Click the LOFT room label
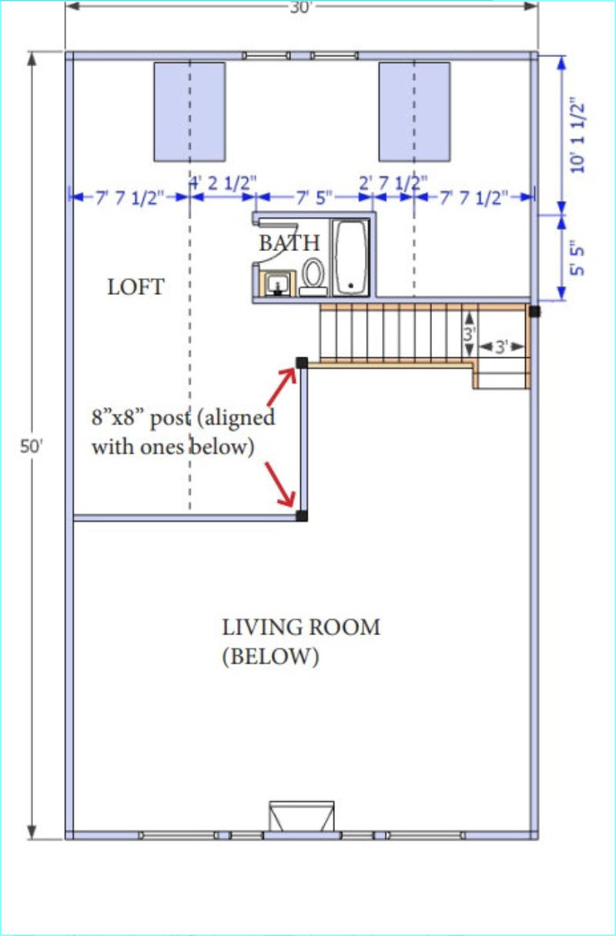pos(136,286)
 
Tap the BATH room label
pos(290,242)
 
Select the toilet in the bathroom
pos(313,277)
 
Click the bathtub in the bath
pos(351,257)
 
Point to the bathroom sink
pos(277,284)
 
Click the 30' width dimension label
pos(301,7)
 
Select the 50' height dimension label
pos(32,446)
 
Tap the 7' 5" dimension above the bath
pos(315,197)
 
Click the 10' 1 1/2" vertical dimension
pos(578,135)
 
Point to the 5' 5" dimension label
pos(577,257)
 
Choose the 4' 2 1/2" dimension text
pos(223,182)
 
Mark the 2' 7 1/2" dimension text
pos(393,182)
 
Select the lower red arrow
pos(280,484)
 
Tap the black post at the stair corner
pos(302,363)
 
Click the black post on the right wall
pos(534,311)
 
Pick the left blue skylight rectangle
pos(189,112)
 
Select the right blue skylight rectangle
pos(414,112)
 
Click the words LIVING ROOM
pos(301,627)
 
